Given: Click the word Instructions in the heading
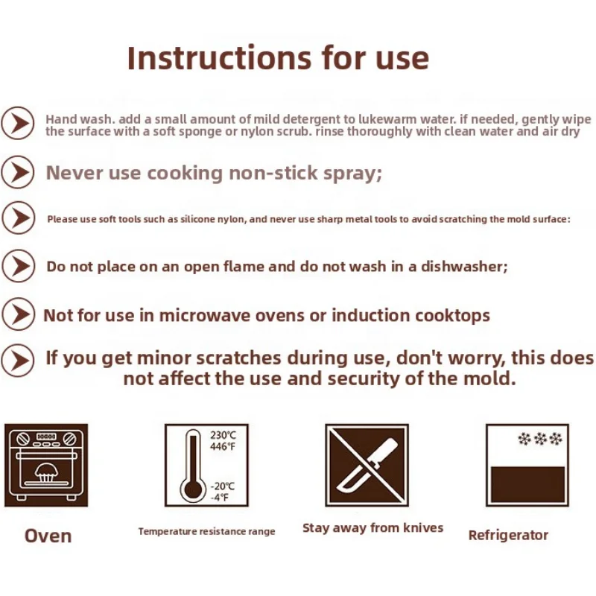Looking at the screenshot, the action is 219,58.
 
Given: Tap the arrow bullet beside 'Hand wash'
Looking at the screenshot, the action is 17,123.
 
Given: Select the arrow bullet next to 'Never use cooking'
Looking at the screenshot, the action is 17,172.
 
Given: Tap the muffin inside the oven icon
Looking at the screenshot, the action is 46,472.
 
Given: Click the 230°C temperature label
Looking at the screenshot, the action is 223,435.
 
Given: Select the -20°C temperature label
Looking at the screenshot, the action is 223,486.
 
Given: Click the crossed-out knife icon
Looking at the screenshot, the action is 367,465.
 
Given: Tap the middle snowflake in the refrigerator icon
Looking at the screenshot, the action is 540,439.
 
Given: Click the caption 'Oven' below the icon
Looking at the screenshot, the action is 48,536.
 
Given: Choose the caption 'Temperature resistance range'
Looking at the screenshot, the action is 207,531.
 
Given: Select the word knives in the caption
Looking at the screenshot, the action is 423,527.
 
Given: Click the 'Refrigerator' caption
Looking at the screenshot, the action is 508,535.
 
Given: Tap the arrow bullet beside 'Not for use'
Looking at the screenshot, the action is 18,314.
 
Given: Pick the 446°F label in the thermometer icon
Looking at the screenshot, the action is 223,446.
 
